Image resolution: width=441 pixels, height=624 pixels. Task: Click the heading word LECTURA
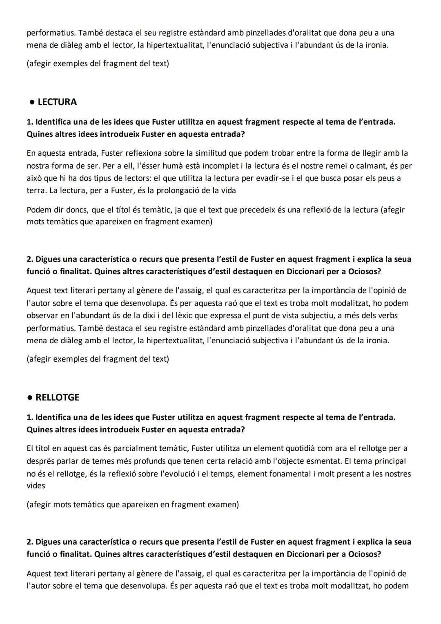click(57, 102)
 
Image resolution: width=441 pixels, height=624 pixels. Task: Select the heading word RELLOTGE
click(58, 398)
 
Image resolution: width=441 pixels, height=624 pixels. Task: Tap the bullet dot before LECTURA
click(31, 102)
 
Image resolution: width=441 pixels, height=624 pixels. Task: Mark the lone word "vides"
click(36, 486)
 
